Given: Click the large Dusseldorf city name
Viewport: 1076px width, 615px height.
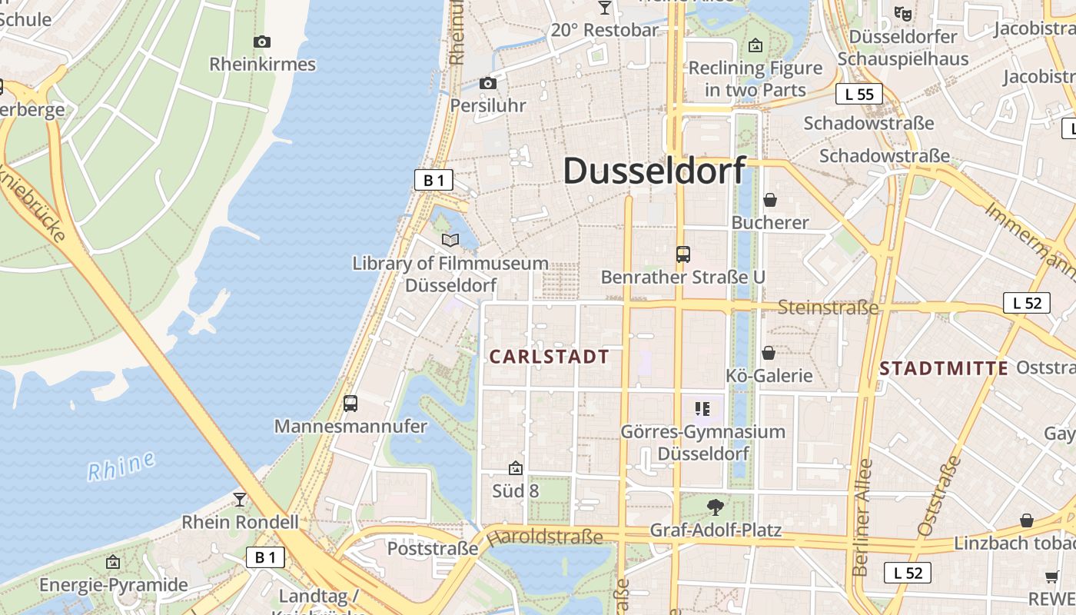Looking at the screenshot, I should click(x=655, y=171).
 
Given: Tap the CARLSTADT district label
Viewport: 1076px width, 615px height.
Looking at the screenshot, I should click(x=549, y=357).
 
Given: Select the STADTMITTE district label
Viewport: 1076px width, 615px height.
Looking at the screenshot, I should click(x=944, y=368).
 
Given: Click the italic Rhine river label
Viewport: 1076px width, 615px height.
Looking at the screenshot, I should click(x=121, y=466).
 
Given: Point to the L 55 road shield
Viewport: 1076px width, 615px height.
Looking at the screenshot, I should click(x=858, y=95).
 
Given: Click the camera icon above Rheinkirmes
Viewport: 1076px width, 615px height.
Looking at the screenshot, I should click(x=262, y=42).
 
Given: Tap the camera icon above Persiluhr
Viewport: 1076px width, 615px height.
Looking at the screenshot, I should click(x=487, y=83).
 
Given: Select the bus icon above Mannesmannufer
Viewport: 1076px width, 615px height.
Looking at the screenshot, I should click(x=350, y=404).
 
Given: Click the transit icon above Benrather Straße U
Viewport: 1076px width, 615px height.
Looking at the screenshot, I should click(x=682, y=254).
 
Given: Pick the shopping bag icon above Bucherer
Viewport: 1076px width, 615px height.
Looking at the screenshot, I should click(x=769, y=200).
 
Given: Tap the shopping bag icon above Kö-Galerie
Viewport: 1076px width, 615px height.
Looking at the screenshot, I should click(x=768, y=353).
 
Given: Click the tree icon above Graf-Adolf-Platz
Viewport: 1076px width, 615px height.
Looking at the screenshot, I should click(x=716, y=507).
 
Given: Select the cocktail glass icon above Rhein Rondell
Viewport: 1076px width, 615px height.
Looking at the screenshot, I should click(x=240, y=500).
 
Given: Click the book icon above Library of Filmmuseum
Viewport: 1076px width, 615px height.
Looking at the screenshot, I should click(x=450, y=241).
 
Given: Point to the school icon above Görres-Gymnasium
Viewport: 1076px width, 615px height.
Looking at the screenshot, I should click(x=702, y=409).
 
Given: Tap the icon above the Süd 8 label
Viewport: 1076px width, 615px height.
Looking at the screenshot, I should click(x=515, y=467).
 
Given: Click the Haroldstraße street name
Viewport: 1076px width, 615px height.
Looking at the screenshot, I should click(x=546, y=536).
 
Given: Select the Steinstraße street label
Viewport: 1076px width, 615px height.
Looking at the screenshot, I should click(x=828, y=307).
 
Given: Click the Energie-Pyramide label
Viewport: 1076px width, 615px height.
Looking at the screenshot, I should click(x=113, y=585).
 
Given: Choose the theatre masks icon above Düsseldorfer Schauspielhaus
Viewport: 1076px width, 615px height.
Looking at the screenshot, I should click(x=902, y=13).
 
